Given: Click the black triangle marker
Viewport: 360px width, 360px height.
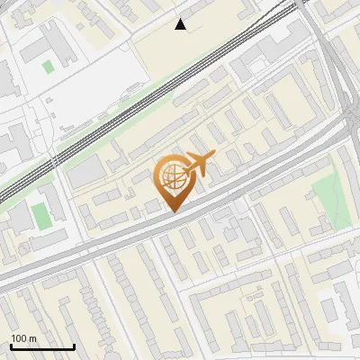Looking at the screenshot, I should (x=181, y=24).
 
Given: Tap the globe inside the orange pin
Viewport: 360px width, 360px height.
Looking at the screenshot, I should (x=171, y=177).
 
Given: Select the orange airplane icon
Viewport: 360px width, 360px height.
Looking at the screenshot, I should (x=199, y=165).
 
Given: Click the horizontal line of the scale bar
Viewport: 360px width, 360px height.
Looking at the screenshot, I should (x=41, y=346).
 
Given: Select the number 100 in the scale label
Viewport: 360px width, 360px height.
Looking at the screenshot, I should (x=19, y=338).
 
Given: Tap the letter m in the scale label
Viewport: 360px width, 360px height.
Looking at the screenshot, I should (x=32, y=338).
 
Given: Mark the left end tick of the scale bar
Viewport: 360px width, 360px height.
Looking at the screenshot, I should (x=10, y=345).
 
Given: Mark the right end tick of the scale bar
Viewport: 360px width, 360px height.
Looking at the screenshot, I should (x=74, y=345).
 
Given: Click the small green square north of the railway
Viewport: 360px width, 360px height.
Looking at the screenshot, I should (x=48, y=67).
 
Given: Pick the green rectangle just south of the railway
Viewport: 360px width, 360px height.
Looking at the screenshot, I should (x=40, y=216).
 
